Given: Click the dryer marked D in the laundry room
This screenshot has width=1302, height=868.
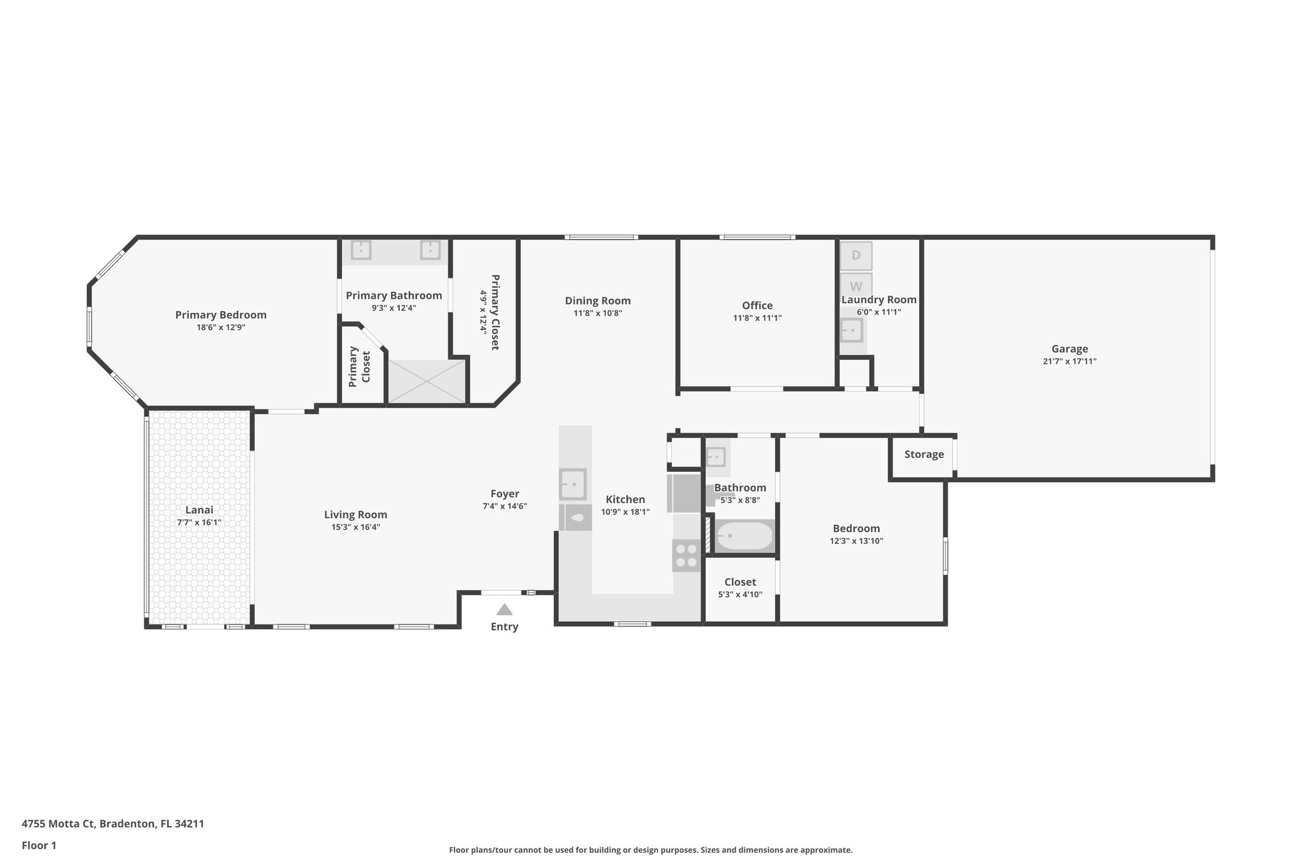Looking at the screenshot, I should point(856,256).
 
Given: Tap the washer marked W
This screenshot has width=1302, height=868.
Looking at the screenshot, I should point(856,286).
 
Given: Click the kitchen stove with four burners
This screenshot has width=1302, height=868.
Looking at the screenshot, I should point(687,555).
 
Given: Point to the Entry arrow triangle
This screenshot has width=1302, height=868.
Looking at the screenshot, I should point(504,610).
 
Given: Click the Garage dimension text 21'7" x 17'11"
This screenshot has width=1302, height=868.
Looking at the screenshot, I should point(1069,361).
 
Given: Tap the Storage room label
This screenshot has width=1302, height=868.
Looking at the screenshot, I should point(924,455).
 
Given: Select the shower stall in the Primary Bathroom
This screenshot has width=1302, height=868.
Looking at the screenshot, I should point(427,381).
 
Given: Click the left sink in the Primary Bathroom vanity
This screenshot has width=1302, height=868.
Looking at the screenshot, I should point(360,249).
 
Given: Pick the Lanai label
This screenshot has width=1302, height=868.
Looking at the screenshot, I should point(199,510).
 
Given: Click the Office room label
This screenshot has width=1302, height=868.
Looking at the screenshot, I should point(757,306).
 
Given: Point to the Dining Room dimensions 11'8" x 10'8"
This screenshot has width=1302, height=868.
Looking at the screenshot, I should point(598,313).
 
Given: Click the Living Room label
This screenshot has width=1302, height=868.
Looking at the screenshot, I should point(355,515).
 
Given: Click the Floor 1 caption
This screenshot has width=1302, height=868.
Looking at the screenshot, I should point(39,846).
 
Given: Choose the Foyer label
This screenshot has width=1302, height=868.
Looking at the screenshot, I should point(505,494).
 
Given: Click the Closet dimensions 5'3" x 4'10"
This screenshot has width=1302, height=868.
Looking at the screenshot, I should point(740,595).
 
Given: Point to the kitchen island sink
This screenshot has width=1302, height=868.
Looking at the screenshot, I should point(573,485).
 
